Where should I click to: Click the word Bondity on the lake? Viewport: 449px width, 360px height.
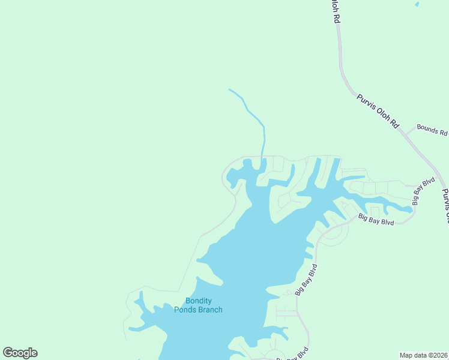tap(198, 301)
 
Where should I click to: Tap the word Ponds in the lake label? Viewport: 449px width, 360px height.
tap(185, 310)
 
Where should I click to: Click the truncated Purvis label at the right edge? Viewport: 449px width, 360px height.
tap(445, 206)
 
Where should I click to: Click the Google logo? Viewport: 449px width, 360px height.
tap(20, 353)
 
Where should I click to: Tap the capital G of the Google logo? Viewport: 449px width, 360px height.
tap(8, 353)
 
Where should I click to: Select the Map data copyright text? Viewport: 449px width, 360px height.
tap(424, 355)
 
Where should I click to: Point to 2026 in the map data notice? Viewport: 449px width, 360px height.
tap(440, 355)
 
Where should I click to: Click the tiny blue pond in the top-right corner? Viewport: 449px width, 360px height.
tap(417, 4)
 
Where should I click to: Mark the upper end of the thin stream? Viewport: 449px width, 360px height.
tap(229, 89)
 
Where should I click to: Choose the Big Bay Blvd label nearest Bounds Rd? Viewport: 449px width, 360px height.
tap(423, 190)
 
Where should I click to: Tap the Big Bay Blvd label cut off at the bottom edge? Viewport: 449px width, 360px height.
tap(292, 355)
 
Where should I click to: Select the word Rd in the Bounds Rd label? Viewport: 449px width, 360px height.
tap(443, 132)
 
